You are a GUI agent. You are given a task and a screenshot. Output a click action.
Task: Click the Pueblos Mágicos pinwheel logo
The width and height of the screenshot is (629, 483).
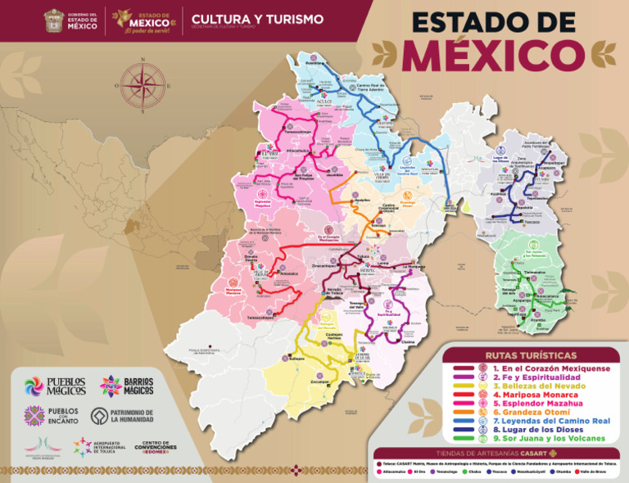click(x=34, y=386)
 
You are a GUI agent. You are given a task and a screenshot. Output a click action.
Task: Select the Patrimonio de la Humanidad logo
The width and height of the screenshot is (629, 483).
click(x=99, y=416)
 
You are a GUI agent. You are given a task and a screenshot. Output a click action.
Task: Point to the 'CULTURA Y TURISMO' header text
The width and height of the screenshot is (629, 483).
click(x=257, y=19)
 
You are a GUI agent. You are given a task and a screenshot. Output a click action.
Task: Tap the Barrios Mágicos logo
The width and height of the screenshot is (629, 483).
click(x=111, y=386)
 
